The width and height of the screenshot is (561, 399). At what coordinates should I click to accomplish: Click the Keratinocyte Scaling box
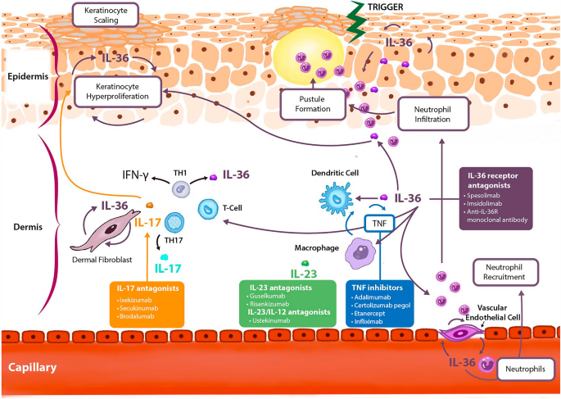pos(103,15)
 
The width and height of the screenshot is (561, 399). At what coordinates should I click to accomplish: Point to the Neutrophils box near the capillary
pos(523,370)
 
